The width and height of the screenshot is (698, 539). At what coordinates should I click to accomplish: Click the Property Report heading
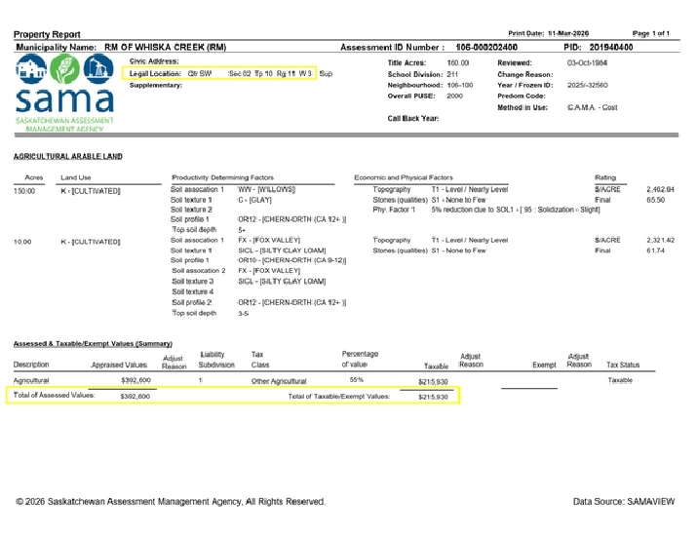[x=50, y=34]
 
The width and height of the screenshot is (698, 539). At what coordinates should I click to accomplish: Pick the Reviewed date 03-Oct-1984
[x=587, y=62]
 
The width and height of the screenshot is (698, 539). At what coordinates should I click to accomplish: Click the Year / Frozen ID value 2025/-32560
[x=588, y=85]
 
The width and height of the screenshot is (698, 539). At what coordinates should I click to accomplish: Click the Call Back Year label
[x=413, y=118]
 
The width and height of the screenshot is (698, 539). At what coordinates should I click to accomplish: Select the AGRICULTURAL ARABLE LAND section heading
[x=68, y=156]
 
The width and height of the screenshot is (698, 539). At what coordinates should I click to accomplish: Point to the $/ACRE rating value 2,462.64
[x=660, y=189]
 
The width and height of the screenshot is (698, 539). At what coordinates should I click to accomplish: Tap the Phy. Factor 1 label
[x=395, y=210]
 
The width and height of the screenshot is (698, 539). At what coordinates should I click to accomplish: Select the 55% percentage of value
[x=356, y=380]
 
